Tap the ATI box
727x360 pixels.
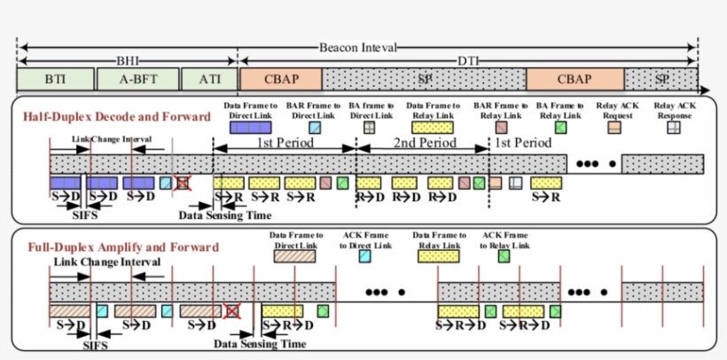click(209, 79)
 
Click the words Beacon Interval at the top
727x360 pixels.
click(358, 47)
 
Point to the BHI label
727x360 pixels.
click(127, 61)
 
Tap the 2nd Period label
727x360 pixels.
click(424, 143)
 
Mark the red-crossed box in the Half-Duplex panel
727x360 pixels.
click(184, 182)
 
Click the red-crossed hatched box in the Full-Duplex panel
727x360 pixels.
click(233, 311)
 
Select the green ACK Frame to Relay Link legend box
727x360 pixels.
click(504, 255)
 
